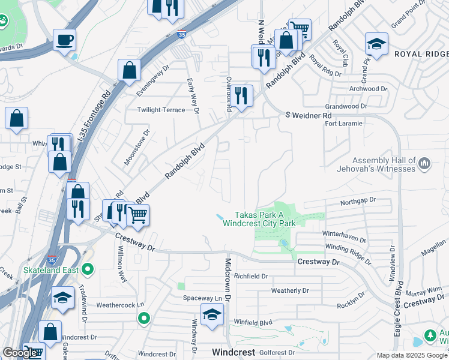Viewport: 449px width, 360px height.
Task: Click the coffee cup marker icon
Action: point(64,41)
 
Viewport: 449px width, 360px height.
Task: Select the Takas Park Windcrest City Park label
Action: point(259,218)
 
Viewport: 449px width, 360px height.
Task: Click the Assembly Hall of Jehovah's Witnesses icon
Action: point(424,163)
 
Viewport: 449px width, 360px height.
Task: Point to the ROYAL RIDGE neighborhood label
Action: point(421,53)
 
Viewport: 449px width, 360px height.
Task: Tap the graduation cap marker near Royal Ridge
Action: point(376,43)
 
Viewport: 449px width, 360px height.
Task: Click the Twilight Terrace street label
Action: point(161,110)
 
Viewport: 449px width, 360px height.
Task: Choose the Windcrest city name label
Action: point(234,352)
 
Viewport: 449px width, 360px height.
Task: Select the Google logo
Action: point(20,353)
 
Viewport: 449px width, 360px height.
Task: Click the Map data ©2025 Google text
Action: point(412,355)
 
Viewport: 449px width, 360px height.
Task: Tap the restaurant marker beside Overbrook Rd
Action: point(241,95)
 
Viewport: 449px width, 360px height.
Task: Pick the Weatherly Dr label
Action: point(289,290)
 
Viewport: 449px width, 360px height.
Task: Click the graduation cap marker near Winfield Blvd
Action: point(211,314)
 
